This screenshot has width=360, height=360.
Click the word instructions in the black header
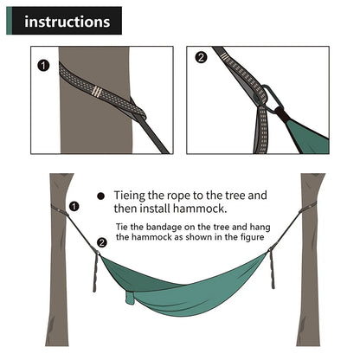click(x=67, y=20)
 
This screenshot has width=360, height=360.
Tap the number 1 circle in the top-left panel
click(x=42, y=64)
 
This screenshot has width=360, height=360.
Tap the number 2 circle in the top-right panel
click(x=202, y=58)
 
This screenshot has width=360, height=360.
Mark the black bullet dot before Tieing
click(x=102, y=196)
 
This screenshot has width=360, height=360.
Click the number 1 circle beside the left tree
click(x=74, y=207)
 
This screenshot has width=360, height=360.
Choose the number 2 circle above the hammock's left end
click(x=102, y=243)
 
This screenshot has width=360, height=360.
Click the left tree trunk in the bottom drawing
click(x=59, y=277)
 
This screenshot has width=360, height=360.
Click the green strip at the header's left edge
click(x=6, y=20)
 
